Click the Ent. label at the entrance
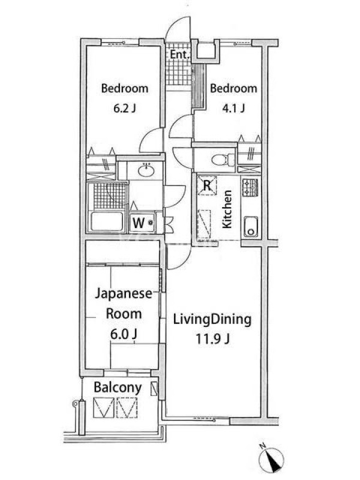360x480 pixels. click(179, 55)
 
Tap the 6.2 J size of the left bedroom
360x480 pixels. click(125, 109)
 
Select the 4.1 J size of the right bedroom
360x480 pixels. click(233, 109)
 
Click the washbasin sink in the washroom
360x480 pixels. click(146, 171)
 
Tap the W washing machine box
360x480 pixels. click(143, 222)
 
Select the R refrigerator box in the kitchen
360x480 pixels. click(207, 185)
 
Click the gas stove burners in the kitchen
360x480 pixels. click(250, 188)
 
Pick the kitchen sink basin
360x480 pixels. click(251, 226)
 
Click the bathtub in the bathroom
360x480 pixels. click(107, 221)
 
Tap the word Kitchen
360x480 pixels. click(227, 209)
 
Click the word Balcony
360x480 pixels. click(118, 388)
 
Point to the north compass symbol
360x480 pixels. click(272, 458)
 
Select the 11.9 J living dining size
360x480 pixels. click(213, 339)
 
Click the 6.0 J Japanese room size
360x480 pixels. click(124, 334)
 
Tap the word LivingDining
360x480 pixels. click(212, 320)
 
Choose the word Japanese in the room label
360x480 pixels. click(124, 294)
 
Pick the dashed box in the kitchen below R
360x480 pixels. click(205, 224)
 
